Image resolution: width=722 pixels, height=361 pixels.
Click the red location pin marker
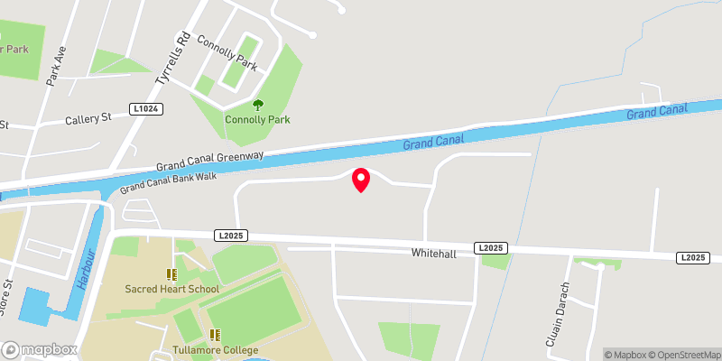click(x=360, y=180)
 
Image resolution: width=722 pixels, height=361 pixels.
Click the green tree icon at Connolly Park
click(x=258, y=106)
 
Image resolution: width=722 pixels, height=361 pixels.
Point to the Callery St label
click(x=88, y=118)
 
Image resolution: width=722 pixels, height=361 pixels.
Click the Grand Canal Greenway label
click(x=209, y=162)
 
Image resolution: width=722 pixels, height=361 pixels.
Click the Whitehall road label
click(x=434, y=254)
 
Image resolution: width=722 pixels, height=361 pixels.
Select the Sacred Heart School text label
click(x=171, y=289)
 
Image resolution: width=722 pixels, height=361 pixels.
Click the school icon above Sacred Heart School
click(x=171, y=273)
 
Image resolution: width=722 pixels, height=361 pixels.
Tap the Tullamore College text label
click(x=215, y=350)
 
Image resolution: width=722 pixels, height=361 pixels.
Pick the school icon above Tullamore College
click(x=215, y=335)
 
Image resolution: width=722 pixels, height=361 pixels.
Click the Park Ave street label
click(x=57, y=66)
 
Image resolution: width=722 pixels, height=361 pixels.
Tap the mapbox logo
click(x=39, y=349)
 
